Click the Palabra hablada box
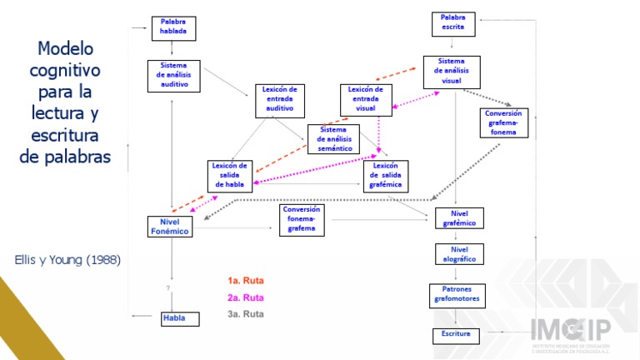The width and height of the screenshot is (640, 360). [x=173, y=27]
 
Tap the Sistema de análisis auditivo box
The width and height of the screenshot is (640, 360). [x=173, y=75]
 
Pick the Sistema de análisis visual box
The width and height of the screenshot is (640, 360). [x=452, y=72]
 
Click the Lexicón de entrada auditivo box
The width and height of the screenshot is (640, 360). [x=279, y=99]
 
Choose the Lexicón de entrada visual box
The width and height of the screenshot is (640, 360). [x=366, y=99]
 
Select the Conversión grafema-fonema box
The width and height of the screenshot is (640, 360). [x=505, y=122]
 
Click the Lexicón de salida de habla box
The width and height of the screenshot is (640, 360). [x=230, y=176]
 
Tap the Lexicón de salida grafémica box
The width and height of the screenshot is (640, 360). [x=386, y=176]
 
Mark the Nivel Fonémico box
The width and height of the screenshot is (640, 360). [x=170, y=226]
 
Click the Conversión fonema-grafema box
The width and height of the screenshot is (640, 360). [x=302, y=219]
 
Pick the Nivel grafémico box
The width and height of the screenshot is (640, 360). [x=459, y=218]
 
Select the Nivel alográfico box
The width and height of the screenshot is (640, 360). [x=459, y=254]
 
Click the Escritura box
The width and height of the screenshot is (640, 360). [x=457, y=335]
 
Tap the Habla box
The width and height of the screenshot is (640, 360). [x=181, y=318]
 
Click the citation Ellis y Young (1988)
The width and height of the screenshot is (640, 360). [x=67, y=260]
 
